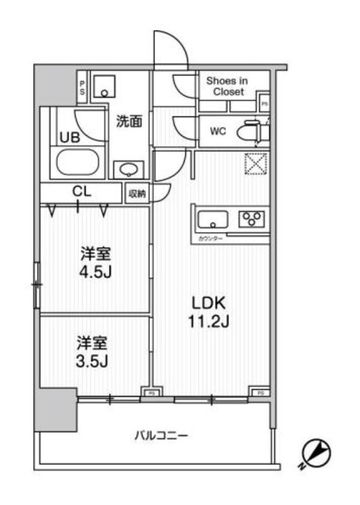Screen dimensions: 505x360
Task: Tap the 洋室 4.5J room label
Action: tap(96, 262)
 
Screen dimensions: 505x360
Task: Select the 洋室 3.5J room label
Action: tap(92, 353)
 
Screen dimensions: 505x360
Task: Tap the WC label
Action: tap(218, 131)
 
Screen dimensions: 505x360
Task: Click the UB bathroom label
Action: tap(68, 137)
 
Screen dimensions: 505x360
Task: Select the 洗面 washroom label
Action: tap(128, 122)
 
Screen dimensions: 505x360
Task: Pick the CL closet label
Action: tap(82, 192)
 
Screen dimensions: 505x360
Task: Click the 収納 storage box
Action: tap(137, 193)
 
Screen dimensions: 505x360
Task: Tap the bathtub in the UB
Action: tap(79, 162)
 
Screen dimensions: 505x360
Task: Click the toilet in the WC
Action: tap(251, 132)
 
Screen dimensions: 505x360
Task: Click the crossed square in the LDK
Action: tap(256, 163)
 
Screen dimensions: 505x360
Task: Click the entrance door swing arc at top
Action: tap(171, 48)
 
